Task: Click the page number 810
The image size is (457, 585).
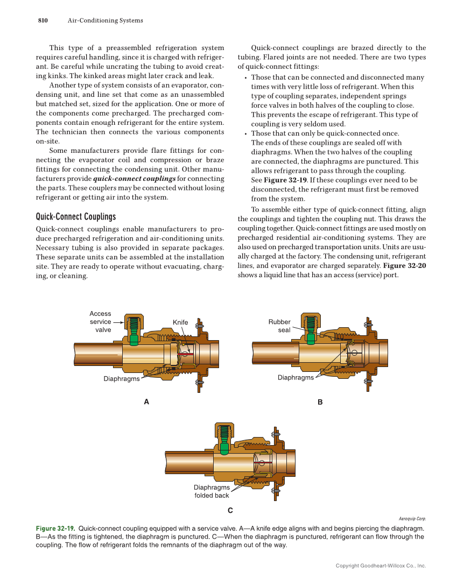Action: coord(43,20)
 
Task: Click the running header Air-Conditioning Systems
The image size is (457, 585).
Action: coord(105,20)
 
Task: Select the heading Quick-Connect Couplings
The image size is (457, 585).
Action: coord(75,217)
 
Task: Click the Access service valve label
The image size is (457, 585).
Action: coord(100,322)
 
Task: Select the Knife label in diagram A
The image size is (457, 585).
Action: coord(180,322)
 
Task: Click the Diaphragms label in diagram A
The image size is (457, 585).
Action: coord(121,379)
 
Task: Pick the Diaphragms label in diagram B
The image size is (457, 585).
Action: coord(296,378)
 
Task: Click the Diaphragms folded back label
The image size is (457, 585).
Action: coord(212,491)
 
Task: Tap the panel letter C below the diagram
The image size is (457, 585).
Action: coord(230,510)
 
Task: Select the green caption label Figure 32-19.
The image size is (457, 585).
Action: coord(55,528)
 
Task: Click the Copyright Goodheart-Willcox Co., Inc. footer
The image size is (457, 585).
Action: coord(380,566)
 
